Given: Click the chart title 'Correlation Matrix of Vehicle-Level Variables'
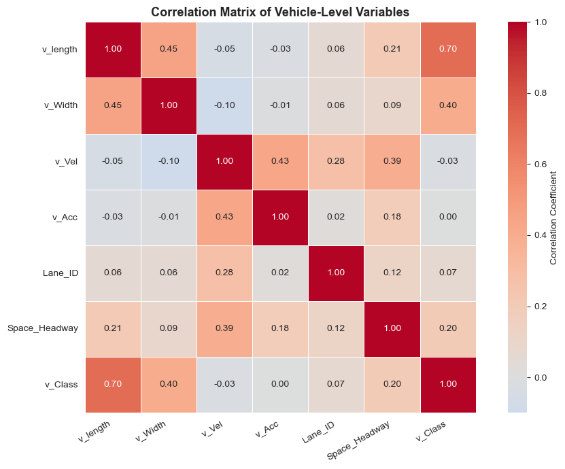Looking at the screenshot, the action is (x=280, y=12).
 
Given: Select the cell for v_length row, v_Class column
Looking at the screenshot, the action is (x=448, y=50).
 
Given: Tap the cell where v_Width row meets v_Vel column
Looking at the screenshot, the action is (x=224, y=105).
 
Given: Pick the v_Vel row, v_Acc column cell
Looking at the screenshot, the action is (x=280, y=161).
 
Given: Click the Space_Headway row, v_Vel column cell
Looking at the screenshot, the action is (x=224, y=329).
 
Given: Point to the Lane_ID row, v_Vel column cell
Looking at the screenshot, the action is (x=224, y=273).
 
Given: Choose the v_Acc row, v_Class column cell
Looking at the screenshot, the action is (x=448, y=218).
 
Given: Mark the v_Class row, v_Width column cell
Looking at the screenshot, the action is (x=169, y=385).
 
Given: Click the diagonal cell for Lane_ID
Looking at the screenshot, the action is (x=336, y=273).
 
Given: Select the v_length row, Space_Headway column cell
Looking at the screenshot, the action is (x=392, y=50).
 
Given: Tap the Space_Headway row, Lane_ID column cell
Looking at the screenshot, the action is (x=336, y=329).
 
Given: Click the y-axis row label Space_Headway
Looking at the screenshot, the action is (x=43, y=328).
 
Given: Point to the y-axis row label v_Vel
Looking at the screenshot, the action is (x=67, y=161).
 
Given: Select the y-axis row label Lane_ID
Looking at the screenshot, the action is (x=61, y=273).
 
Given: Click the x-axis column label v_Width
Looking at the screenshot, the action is (x=151, y=431).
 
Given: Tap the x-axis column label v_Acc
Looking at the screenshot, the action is (x=267, y=430).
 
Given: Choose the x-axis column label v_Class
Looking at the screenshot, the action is (x=430, y=431).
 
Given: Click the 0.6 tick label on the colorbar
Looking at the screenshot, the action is (x=539, y=164).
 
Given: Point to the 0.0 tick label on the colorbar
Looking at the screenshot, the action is (x=539, y=377).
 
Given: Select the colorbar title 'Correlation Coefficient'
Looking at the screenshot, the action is (x=553, y=218).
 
